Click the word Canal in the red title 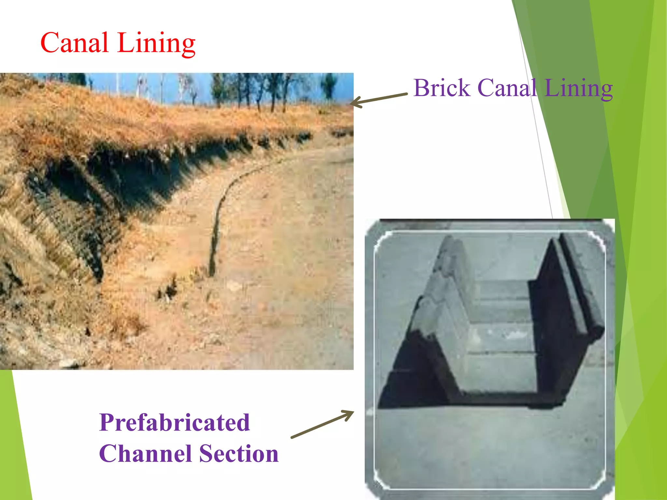74,43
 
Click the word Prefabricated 175,423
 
